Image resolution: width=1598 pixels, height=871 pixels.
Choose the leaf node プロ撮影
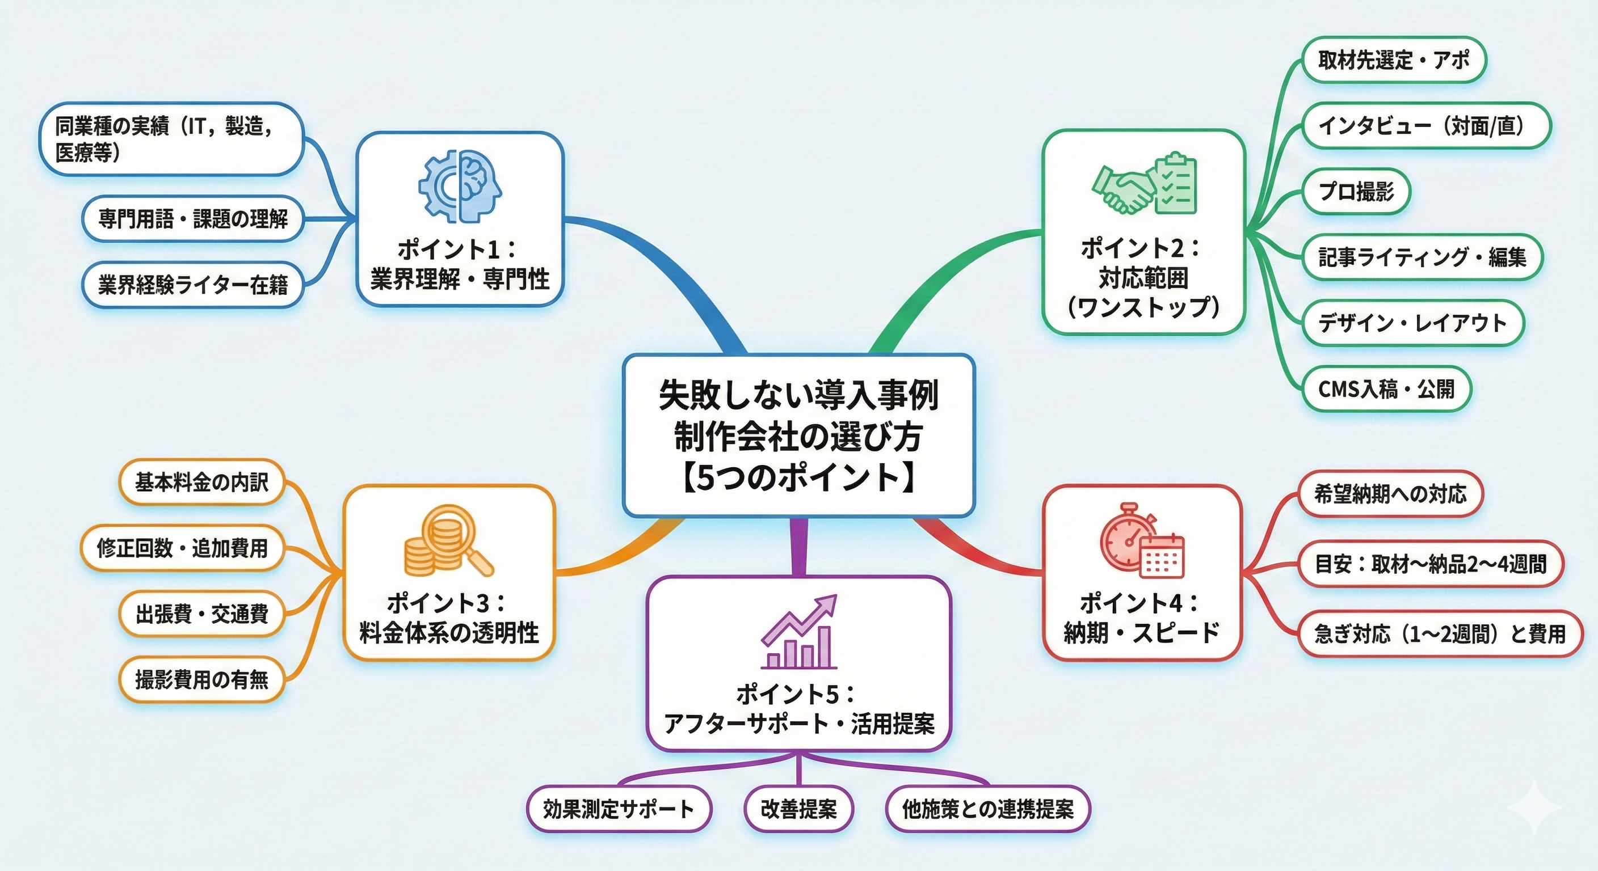click(1356, 192)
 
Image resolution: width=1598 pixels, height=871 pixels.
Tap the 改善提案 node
click(798, 809)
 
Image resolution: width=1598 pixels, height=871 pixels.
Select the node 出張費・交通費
click(201, 614)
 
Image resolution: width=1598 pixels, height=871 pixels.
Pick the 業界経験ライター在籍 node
click(193, 285)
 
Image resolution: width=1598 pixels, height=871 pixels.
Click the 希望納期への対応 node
click(1390, 493)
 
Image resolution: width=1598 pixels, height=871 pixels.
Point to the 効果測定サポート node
click(619, 809)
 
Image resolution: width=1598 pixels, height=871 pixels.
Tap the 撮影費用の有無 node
click(201, 679)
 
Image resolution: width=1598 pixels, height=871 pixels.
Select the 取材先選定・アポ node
click(1393, 60)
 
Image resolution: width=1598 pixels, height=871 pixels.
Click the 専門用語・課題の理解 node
click(193, 218)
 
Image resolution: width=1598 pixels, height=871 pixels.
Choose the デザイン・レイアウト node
click(1412, 323)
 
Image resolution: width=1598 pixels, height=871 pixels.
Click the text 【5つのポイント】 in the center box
click(798, 479)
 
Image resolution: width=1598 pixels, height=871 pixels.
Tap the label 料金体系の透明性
click(448, 633)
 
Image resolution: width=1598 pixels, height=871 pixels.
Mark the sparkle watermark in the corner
click(1533, 807)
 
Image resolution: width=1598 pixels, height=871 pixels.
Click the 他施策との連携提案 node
click(987, 809)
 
